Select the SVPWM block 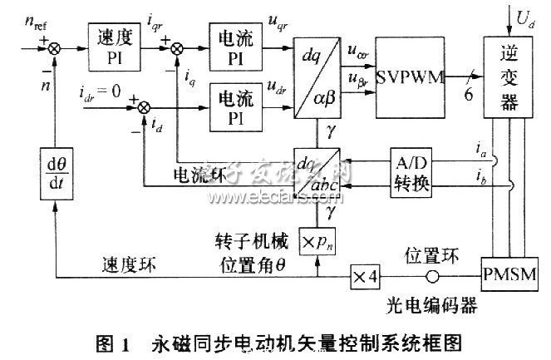[x=408, y=77]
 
